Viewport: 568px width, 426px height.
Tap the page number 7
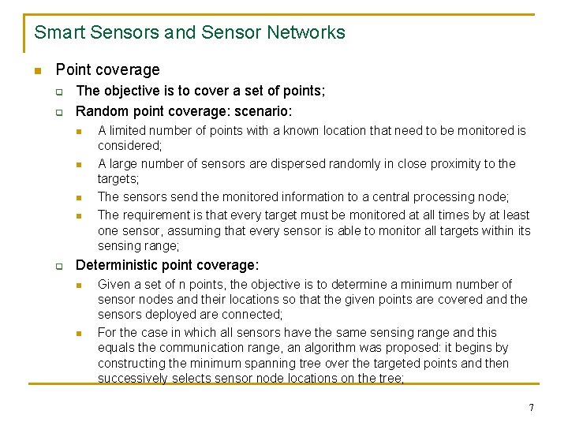coord(531,407)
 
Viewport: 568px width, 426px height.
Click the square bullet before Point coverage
coord(37,71)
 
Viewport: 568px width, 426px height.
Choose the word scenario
coord(264,111)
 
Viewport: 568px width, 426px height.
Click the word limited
coord(126,131)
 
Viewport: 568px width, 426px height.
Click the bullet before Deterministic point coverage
coord(59,267)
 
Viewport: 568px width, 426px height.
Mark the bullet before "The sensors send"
coord(80,198)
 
